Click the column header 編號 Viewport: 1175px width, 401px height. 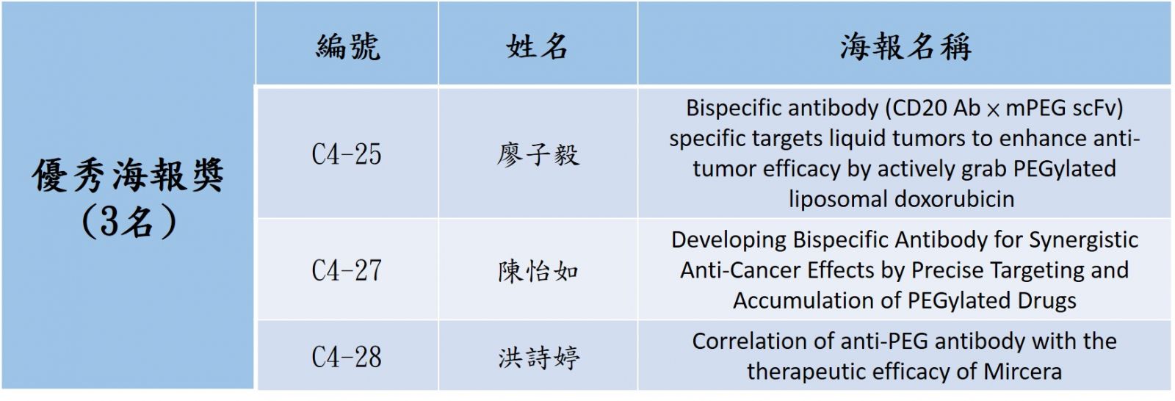click(348, 47)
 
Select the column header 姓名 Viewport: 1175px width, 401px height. click(537, 47)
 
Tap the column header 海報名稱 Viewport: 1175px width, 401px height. click(905, 47)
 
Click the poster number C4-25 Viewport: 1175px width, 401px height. click(347, 154)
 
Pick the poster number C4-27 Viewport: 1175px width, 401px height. click(347, 271)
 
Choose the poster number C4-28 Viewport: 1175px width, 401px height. click(347, 358)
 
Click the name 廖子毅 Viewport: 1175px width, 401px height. click(538, 155)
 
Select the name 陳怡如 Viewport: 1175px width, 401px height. click(538, 271)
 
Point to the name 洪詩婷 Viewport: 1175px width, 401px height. click(539, 358)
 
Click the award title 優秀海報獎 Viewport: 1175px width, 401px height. click(128, 175)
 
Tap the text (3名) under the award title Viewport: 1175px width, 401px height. click(129, 221)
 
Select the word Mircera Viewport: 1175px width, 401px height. click(1022, 372)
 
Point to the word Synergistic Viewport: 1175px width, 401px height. click(1083, 240)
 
